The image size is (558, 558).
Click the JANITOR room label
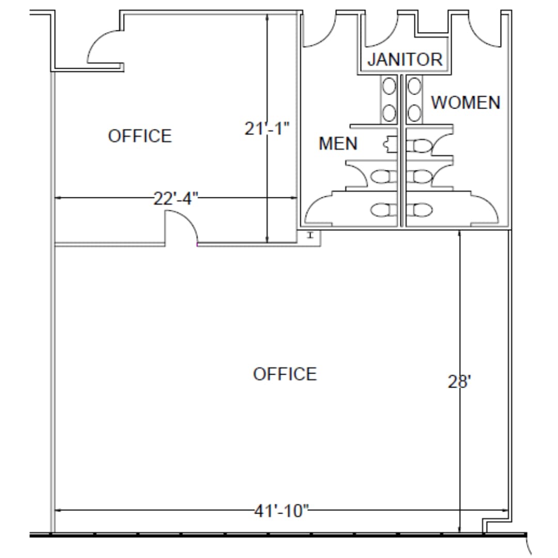405,59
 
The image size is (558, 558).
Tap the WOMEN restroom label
466,102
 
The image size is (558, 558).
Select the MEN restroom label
338,143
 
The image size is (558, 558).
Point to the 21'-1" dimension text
266,128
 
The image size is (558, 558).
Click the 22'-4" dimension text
176,198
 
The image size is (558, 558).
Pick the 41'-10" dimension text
282,511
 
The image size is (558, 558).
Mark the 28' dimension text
459,382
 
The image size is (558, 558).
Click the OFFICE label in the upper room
139,136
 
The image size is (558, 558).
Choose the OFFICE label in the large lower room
285,374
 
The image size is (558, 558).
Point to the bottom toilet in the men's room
382,210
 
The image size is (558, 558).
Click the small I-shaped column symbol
310,236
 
